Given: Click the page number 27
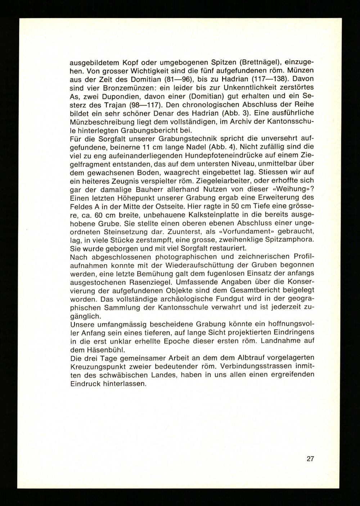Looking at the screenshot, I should (x=310, y=459).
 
